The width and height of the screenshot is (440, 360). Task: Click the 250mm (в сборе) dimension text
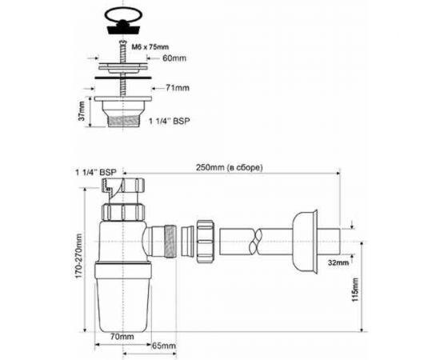click(233, 167)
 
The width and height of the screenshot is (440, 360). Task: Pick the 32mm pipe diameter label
click(338, 261)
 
